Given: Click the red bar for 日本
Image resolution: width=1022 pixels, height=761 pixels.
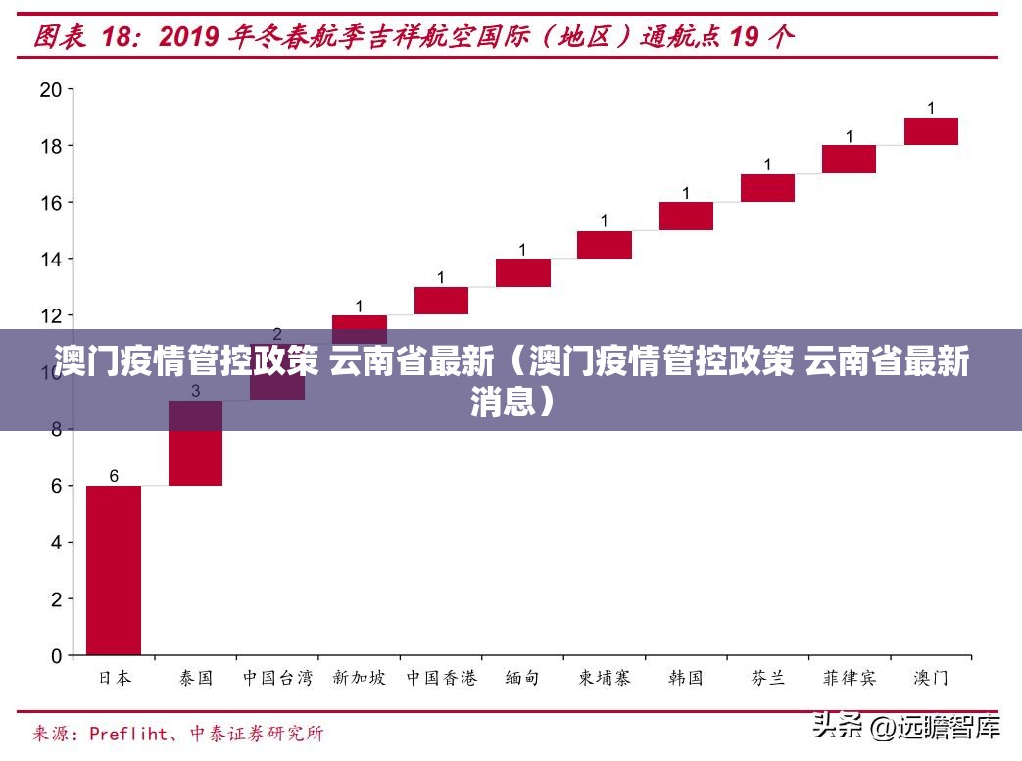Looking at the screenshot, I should (114, 569).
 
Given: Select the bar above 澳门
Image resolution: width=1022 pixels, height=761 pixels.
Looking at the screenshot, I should (931, 131).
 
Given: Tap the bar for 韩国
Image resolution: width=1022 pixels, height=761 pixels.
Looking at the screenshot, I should (686, 215).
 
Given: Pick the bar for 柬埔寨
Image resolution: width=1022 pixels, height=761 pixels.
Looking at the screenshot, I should (605, 244).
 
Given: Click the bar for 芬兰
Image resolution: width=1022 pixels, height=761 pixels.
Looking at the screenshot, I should (767, 188).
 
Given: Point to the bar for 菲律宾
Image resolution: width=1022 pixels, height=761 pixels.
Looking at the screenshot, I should (849, 160).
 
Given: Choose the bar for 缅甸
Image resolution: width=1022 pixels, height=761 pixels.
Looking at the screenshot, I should (523, 272).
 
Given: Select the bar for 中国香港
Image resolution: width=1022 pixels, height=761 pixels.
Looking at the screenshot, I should (441, 301).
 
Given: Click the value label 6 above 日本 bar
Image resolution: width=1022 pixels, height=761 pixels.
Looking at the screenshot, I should (114, 476).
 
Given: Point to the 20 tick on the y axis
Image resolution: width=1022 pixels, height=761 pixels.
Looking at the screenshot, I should (51, 90).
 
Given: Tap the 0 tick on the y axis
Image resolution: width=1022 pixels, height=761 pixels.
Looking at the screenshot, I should (57, 655).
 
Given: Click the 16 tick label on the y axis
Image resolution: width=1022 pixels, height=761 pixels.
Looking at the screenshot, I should (51, 203).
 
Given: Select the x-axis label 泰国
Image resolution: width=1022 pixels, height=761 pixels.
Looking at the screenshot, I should (196, 678).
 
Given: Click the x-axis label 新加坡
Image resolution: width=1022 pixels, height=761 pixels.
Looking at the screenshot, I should (359, 678).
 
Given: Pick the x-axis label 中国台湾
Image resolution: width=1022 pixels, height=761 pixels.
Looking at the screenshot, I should (277, 678).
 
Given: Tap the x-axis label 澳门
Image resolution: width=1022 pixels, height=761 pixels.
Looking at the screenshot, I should (931, 678).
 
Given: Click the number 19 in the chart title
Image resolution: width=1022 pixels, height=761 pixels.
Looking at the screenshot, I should (744, 37).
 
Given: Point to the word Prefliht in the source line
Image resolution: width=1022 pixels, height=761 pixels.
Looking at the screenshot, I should (133, 733).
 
